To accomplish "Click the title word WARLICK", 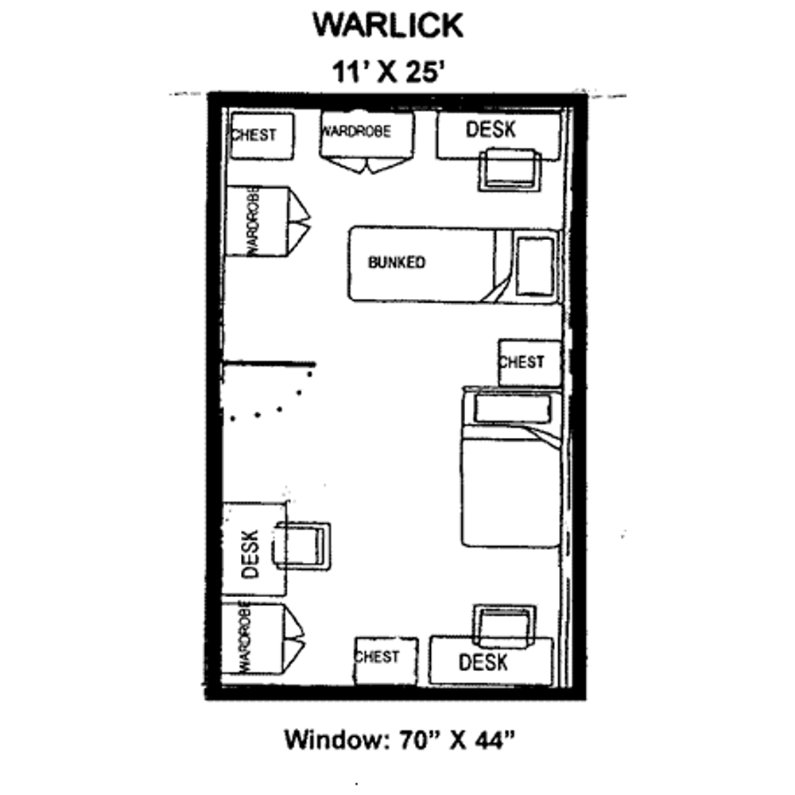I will [x=387, y=25].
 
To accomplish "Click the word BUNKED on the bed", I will [x=396, y=262].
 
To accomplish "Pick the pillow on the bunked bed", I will [x=535, y=266].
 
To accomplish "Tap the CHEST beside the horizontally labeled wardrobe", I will [x=261, y=135].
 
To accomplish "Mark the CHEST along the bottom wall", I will [x=386, y=659].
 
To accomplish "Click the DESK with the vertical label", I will [x=253, y=549].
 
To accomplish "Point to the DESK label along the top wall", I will [x=491, y=130].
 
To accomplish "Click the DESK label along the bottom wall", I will [x=483, y=661].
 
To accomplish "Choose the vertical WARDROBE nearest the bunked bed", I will [x=256, y=222].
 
